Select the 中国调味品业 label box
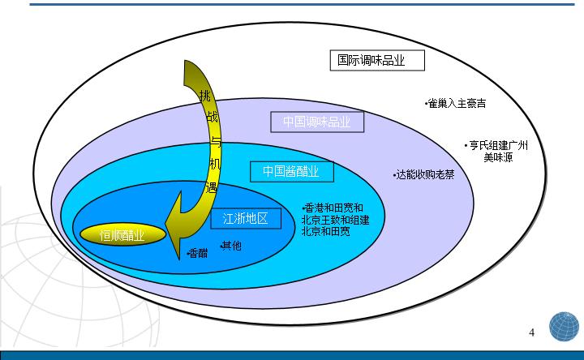(x=316, y=122)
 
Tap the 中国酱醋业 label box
(x=290, y=172)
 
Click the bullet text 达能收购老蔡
(x=424, y=174)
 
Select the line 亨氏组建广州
(x=496, y=146)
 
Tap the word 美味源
(x=498, y=157)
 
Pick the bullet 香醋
(x=197, y=253)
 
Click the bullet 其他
(x=230, y=245)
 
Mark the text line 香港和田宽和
(x=332, y=208)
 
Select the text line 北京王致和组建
(x=335, y=220)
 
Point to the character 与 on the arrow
(x=214, y=141)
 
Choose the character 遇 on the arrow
(x=213, y=187)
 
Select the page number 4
(x=531, y=332)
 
